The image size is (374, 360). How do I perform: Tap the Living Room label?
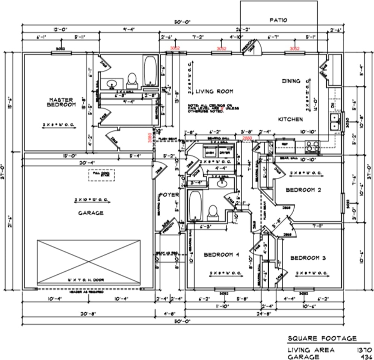point(214,91)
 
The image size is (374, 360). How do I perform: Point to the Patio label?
point(279,20)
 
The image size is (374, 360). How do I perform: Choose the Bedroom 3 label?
point(308,258)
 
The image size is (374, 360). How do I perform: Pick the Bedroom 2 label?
point(303,190)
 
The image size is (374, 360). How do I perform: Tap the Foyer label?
point(169,195)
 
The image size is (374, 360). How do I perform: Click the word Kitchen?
point(290,119)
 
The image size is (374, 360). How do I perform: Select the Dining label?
point(291,81)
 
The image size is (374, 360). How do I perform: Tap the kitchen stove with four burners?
point(312,146)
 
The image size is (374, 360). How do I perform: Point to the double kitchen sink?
point(333,121)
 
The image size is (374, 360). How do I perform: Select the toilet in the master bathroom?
point(131,79)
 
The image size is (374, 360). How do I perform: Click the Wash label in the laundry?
point(210,153)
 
